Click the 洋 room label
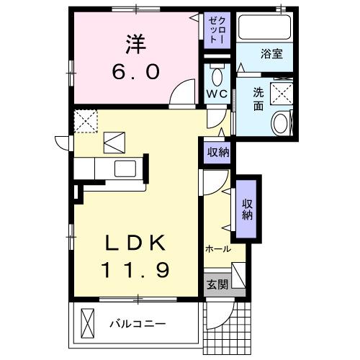135,45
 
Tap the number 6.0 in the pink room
135,71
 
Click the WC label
217,94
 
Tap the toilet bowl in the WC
217,76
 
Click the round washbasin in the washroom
279,123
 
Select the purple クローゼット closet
217,30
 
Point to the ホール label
218,249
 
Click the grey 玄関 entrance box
217,284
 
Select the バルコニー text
138,323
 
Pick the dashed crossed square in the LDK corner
87,120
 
